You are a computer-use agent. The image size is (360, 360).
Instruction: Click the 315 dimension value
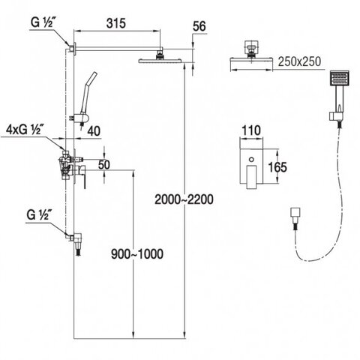tap(116, 23)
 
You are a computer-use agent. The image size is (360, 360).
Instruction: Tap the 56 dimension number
tap(199, 26)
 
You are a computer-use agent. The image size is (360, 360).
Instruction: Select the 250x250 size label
tap(299, 61)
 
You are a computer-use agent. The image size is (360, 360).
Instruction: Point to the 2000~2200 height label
tap(184, 199)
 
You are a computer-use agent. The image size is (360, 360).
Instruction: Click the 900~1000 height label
tap(137, 254)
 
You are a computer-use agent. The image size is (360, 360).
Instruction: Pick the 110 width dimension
tap(251, 130)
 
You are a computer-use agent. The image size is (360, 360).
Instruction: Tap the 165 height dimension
tap(277, 167)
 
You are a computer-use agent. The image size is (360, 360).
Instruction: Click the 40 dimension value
tap(94, 131)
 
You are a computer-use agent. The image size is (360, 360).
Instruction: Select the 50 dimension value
tap(104, 164)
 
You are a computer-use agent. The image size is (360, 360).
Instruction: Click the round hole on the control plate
tap(251, 159)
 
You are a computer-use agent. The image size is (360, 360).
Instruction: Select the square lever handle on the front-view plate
tap(252, 177)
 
